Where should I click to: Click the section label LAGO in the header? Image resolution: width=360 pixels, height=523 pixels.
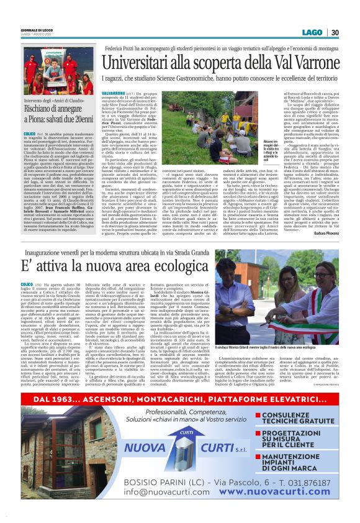[x=313, y=32]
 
